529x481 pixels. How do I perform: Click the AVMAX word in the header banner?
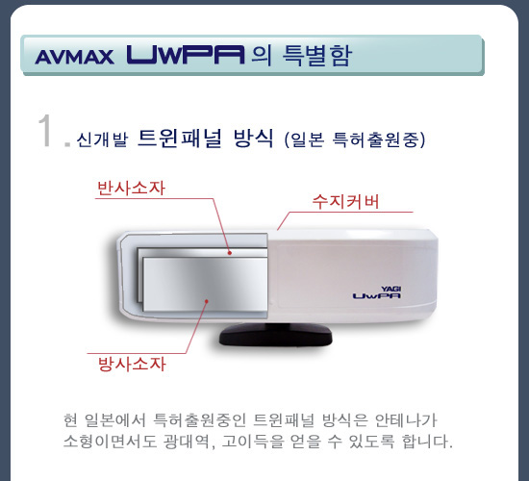(x=74, y=57)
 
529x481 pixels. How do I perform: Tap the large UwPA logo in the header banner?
(x=186, y=55)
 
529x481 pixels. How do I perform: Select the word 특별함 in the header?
(x=317, y=55)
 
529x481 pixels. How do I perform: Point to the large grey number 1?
(x=45, y=130)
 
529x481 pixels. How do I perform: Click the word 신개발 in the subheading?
(x=103, y=139)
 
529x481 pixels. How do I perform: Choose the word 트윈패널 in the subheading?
(x=180, y=139)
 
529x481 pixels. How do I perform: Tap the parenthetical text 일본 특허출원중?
(x=355, y=139)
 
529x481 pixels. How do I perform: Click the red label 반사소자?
(x=131, y=188)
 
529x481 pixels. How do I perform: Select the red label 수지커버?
(x=346, y=201)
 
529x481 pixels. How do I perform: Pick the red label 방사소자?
(x=133, y=364)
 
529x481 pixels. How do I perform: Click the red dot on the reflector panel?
(x=230, y=252)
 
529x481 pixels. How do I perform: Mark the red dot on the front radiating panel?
(x=207, y=301)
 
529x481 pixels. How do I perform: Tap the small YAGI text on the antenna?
(x=391, y=289)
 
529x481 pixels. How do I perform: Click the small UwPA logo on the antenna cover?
(x=377, y=296)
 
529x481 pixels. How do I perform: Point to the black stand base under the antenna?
(x=276, y=334)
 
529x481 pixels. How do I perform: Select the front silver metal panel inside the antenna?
(x=205, y=284)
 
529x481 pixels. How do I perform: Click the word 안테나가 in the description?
(x=406, y=420)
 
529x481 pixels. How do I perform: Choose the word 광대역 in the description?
(x=188, y=442)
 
